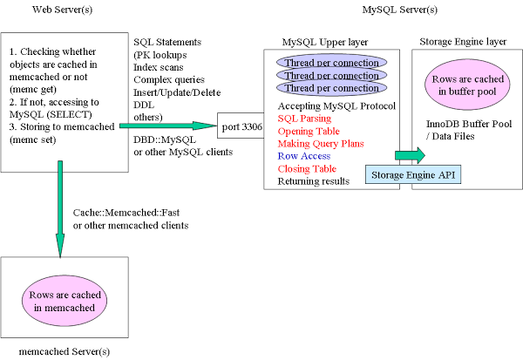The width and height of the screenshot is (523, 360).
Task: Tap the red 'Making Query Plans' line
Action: click(320, 143)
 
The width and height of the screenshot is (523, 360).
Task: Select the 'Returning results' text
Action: click(314, 180)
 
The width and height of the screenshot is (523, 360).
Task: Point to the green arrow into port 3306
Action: click(174, 127)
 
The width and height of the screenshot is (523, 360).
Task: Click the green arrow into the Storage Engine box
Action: click(408, 155)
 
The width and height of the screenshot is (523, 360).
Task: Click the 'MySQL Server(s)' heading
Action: click(400, 9)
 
